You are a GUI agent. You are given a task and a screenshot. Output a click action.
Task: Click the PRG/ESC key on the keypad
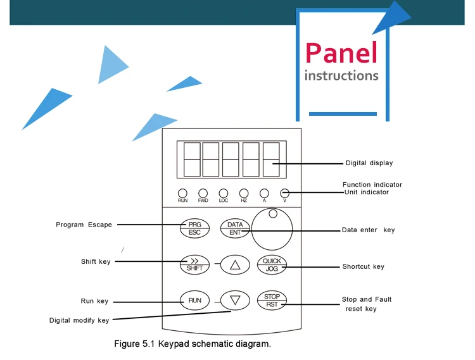(194, 228)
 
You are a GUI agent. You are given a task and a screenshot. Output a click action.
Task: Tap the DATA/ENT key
(235, 228)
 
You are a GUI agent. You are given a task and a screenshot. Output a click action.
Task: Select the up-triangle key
(235, 265)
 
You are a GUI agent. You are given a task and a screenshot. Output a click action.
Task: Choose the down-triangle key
(235, 300)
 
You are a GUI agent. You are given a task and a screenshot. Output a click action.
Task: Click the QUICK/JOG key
(272, 265)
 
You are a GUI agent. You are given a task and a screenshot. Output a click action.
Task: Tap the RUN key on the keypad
(194, 300)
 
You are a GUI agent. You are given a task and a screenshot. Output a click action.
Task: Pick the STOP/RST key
(272, 300)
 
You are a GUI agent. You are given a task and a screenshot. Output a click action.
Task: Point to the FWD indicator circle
(203, 193)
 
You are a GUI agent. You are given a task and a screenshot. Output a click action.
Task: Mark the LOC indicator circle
(223, 193)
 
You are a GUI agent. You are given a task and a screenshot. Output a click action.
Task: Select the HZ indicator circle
(244, 193)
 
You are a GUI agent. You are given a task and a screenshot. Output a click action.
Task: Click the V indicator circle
(284, 193)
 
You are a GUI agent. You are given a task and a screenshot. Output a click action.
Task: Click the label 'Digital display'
(369, 163)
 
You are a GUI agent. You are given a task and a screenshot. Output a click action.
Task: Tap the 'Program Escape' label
(84, 225)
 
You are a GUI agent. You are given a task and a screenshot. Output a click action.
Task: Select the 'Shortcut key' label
(363, 267)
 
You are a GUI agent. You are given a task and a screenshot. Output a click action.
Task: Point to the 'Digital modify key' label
(79, 320)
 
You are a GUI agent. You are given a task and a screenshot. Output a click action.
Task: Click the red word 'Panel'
(341, 53)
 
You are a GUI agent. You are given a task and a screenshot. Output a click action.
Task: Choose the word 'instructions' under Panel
(341, 76)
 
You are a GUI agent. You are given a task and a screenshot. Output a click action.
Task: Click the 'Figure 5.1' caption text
(192, 344)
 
